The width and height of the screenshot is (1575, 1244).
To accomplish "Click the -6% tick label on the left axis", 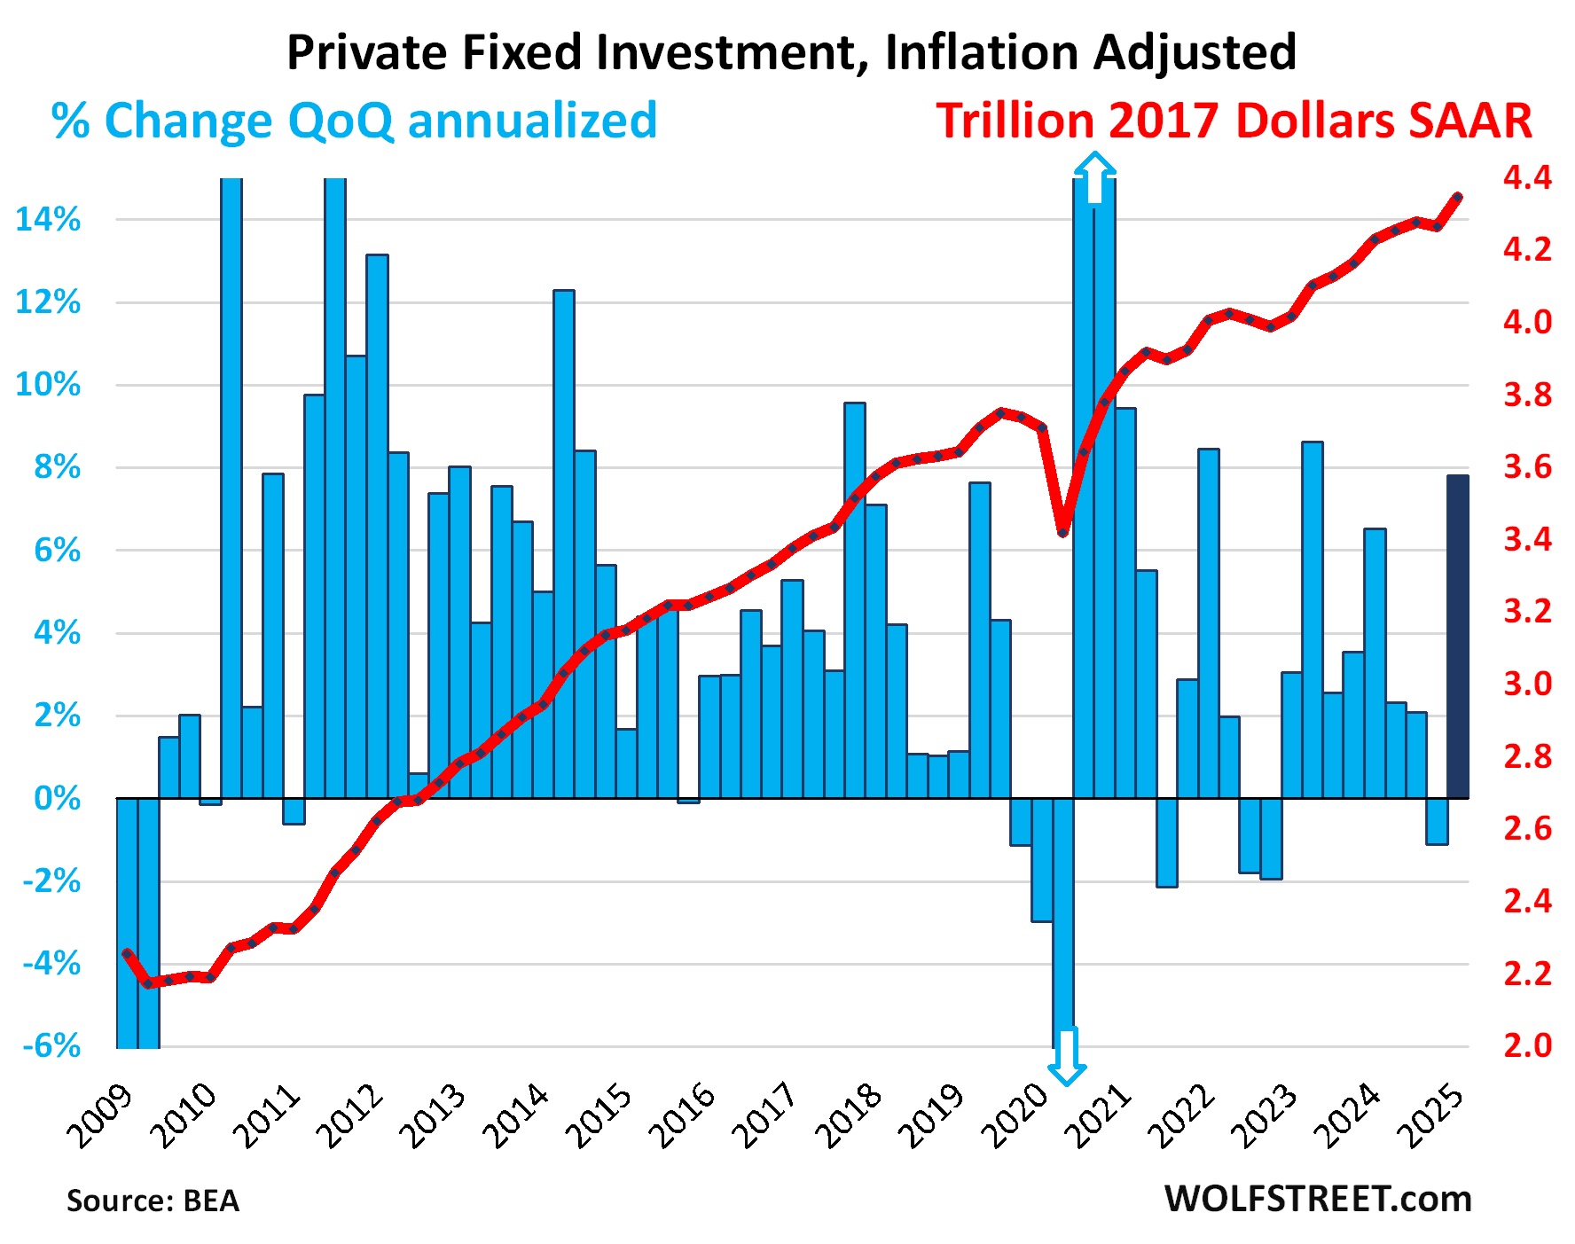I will (x=51, y=1046).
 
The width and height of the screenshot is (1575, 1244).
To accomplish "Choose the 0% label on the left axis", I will (x=58, y=799).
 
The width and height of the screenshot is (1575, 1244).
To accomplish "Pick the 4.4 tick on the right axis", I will (x=1527, y=177).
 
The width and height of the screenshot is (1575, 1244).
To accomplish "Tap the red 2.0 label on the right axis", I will (x=1527, y=1045).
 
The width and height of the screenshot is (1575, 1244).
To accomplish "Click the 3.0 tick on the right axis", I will (x=1527, y=684).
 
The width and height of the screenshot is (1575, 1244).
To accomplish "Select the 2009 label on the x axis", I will (x=100, y=1115).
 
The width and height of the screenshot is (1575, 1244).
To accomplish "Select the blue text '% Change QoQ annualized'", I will (x=354, y=121).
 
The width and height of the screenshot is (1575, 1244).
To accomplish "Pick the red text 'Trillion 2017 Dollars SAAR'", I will (x=1234, y=121).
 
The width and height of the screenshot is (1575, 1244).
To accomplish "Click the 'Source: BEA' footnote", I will (x=153, y=1201).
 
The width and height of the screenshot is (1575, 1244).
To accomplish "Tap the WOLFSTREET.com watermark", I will (x=1317, y=1199).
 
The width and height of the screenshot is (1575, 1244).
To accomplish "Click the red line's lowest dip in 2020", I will (x=1062, y=532).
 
